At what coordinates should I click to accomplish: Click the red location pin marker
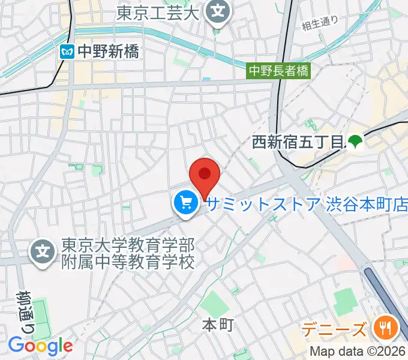coord(205,175)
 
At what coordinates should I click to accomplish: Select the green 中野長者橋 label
coord(280,71)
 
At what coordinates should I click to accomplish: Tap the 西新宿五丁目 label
coord(296,142)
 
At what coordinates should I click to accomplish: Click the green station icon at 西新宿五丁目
coord(354,142)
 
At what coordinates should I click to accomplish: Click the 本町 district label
coord(217,325)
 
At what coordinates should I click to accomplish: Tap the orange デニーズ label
coord(334,329)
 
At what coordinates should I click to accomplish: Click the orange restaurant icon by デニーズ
coord(382,328)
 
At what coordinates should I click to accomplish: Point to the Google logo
coord(40,346)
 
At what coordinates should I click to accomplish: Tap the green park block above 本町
coord(215,303)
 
